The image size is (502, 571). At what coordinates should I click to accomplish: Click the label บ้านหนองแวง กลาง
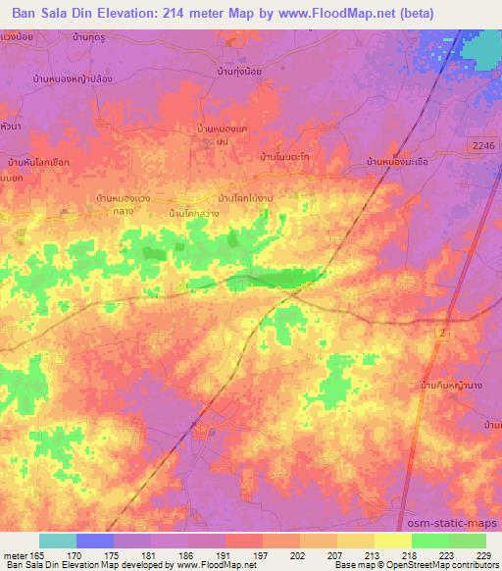tap(124, 203)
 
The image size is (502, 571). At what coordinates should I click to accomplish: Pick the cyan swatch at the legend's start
tap(57, 541)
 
